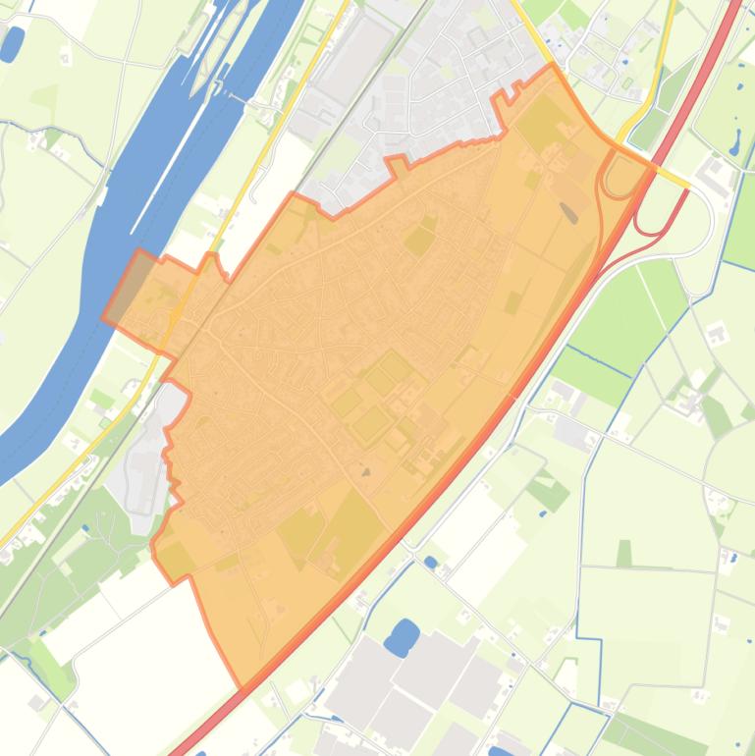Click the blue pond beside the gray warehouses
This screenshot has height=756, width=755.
(402, 637)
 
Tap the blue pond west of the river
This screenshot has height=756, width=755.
(12, 43)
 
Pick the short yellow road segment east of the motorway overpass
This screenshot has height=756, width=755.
(673, 176)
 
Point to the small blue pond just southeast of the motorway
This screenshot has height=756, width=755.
(430, 563)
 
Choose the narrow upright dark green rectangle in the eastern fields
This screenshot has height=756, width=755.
(624, 554)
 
